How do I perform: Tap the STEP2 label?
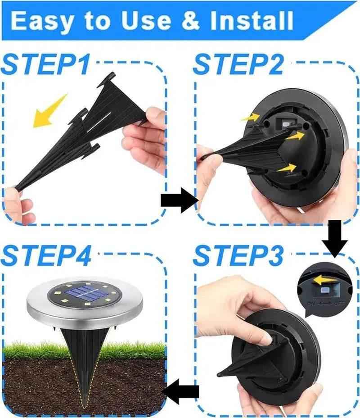tap(238, 65)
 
